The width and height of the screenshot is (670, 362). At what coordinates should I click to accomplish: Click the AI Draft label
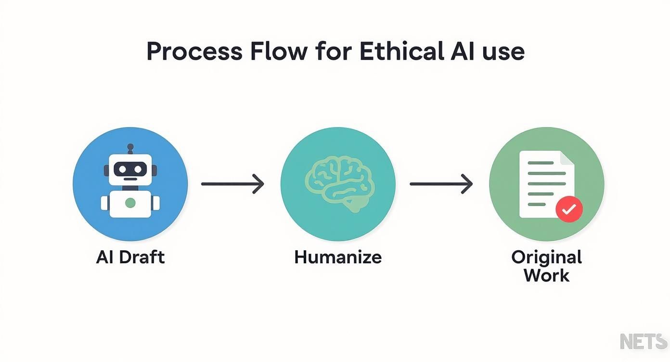(x=130, y=257)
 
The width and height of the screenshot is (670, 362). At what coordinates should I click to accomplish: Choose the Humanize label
(x=338, y=257)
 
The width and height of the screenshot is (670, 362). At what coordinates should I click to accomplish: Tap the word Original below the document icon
(x=546, y=258)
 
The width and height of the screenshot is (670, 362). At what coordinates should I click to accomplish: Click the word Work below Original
(x=546, y=276)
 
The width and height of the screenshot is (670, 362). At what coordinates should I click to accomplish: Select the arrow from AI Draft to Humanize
(x=232, y=184)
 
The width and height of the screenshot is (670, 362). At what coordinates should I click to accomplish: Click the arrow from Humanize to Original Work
(x=441, y=184)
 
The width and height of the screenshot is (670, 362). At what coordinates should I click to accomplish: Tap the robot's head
(x=130, y=169)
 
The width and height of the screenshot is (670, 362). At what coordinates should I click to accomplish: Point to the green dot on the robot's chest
(x=130, y=203)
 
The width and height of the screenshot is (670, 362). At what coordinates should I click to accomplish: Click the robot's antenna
(x=130, y=148)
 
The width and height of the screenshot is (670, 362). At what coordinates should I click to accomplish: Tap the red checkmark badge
(x=569, y=209)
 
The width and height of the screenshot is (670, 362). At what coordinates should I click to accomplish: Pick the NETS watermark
(x=644, y=341)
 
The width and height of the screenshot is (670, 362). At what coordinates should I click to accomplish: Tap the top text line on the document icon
(x=541, y=163)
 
